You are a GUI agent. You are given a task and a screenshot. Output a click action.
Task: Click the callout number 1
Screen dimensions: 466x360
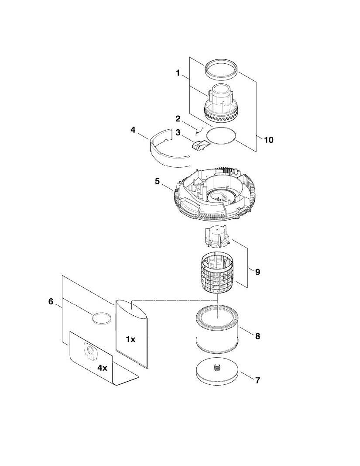point(178,73)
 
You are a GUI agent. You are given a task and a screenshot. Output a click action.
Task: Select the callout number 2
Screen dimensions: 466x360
point(178,119)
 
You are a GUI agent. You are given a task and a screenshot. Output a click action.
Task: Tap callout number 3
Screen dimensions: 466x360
point(178,132)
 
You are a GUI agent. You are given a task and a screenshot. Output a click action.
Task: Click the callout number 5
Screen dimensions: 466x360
point(157,181)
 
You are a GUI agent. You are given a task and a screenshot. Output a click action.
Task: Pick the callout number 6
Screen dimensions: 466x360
point(51,301)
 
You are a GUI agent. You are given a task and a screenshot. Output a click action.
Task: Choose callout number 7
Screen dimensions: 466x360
point(257,380)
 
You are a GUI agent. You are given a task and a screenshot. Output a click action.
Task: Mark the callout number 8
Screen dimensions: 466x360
point(257,336)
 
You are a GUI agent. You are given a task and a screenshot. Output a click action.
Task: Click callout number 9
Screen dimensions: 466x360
point(257,272)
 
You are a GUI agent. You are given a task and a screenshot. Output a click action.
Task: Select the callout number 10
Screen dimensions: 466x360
point(268,140)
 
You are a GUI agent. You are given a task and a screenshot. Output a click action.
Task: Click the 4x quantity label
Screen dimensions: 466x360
point(102,368)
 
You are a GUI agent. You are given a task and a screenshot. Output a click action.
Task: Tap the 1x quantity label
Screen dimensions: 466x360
point(130,339)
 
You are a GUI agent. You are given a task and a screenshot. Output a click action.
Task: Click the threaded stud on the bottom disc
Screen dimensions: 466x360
point(217,368)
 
